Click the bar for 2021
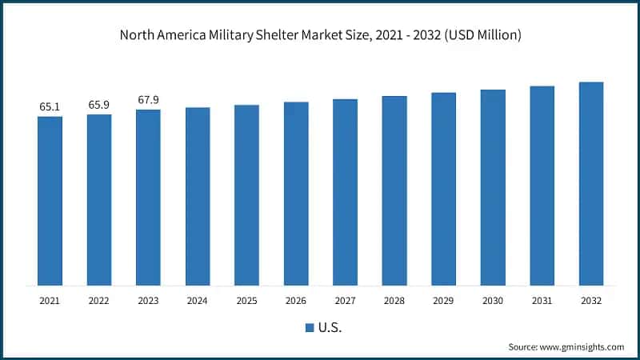[x=50, y=201]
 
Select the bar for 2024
[x=198, y=196]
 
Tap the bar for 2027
[x=345, y=192]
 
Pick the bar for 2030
[x=493, y=187]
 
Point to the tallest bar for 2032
[x=591, y=183]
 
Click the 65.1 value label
[x=50, y=106]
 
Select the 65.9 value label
[x=99, y=104]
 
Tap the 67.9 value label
[x=148, y=99]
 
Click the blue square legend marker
[x=310, y=327]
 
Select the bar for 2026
[x=296, y=194]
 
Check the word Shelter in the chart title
[x=295, y=35]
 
